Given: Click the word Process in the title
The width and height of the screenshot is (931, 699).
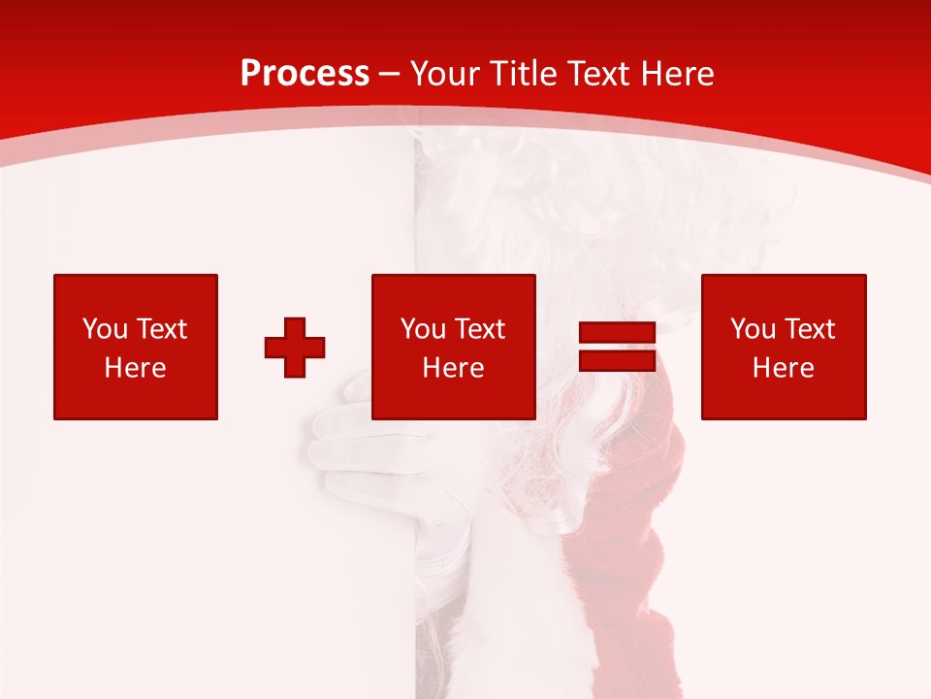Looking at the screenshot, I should pyautogui.click(x=305, y=74).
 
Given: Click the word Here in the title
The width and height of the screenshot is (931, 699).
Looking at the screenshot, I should pyautogui.click(x=679, y=74).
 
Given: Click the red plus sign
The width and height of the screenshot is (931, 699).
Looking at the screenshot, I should pyautogui.click(x=295, y=348).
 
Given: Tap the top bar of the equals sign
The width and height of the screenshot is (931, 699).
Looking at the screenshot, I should pyautogui.click(x=618, y=333).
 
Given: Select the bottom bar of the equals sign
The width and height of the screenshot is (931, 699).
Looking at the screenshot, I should pyautogui.click(x=618, y=360).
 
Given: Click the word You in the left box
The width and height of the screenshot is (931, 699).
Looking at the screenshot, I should pyautogui.click(x=105, y=329).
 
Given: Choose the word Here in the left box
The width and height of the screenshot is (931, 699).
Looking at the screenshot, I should pyautogui.click(x=135, y=368).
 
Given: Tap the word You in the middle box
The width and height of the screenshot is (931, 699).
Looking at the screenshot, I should pyautogui.click(x=423, y=329).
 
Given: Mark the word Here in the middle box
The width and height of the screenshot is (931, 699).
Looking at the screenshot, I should pyautogui.click(x=453, y=368).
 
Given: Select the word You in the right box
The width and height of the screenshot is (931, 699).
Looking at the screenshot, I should pyautogui.click(x=753, y=329).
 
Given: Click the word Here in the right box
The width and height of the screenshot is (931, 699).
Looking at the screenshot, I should pyautogui.click(x=783, y=368).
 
